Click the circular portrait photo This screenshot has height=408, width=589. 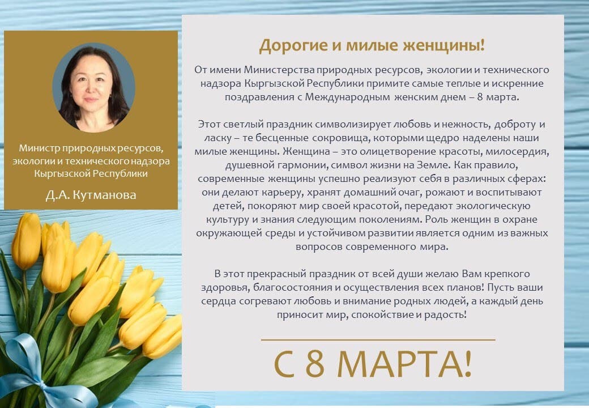(x=93, y=87)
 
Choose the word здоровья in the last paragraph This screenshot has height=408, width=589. (x=219, y=287)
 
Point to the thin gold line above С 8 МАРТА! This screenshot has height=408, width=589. (x=378, y=339)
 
